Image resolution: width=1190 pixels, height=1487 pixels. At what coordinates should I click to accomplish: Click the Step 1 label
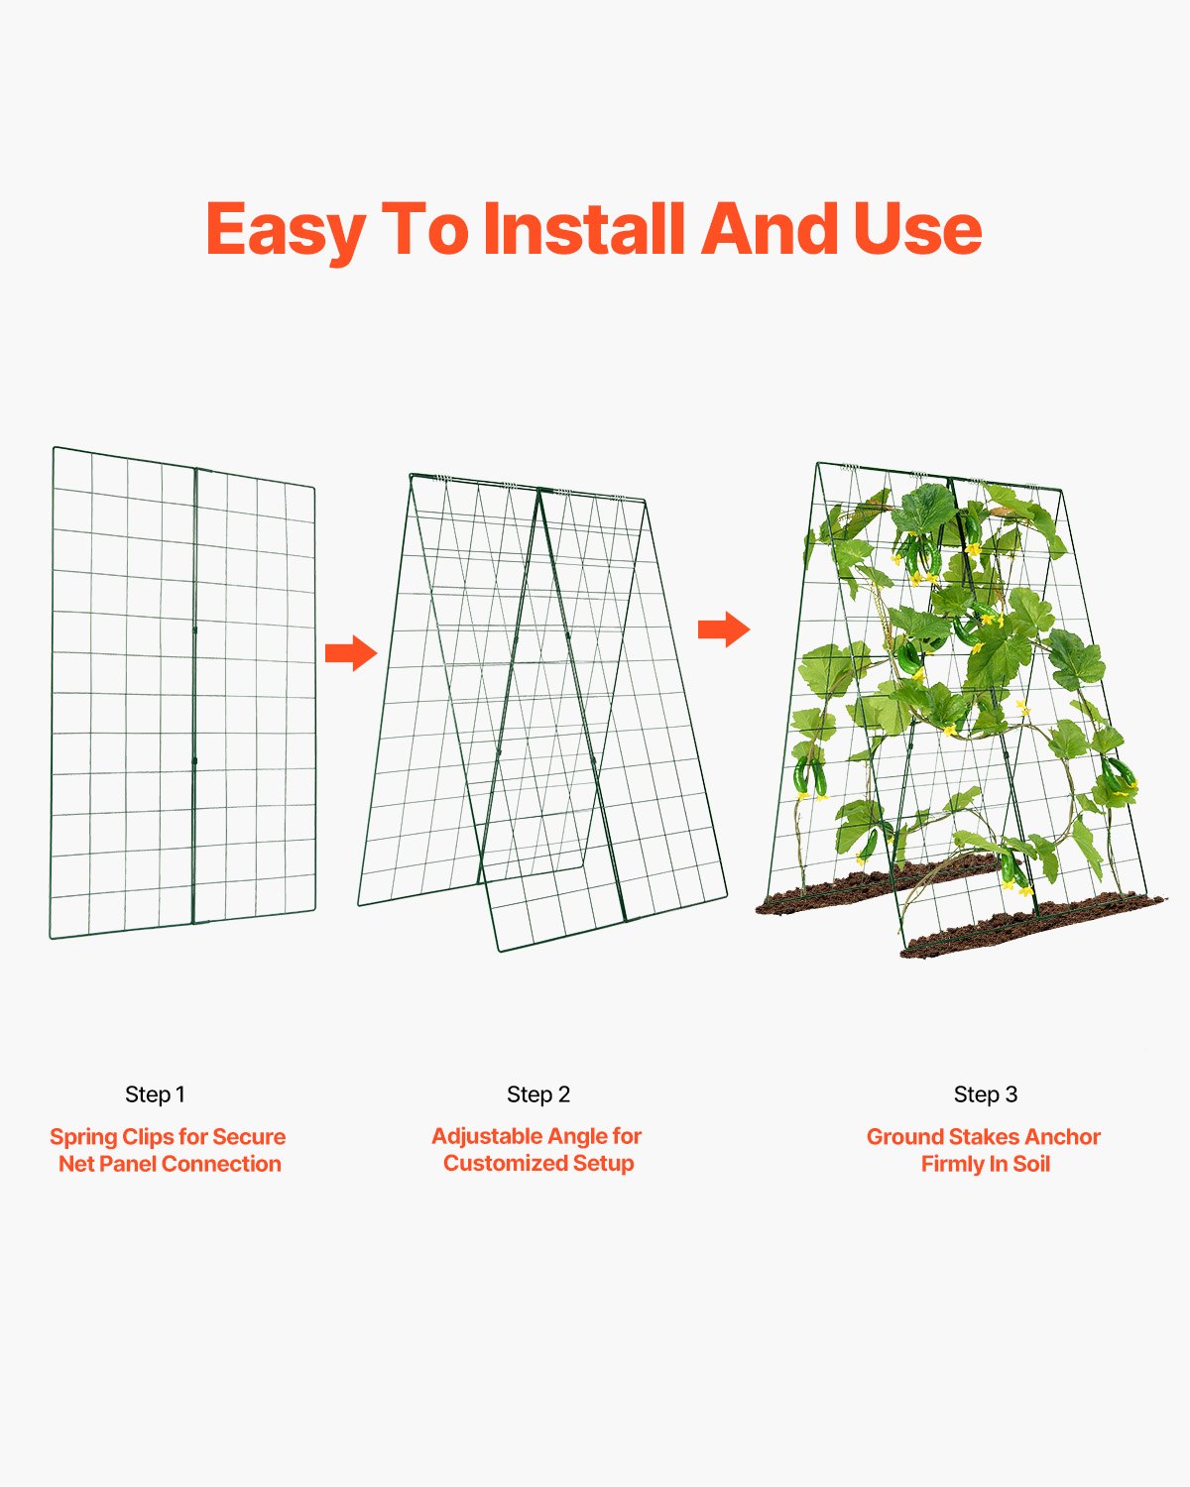click(155, 1094)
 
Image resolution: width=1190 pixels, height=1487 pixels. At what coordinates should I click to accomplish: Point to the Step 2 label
click(538, 1094)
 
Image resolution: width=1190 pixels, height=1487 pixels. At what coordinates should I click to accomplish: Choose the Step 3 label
click(985, 1094)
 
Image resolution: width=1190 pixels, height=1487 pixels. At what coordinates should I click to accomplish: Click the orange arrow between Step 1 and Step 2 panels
click(351, 653)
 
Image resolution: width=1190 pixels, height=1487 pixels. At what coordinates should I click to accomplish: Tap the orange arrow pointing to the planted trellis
click(724, 629)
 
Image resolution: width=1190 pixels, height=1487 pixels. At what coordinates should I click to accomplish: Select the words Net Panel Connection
click(170, 1164)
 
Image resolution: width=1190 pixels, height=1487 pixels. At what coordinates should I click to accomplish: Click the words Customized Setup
click(538, 1163)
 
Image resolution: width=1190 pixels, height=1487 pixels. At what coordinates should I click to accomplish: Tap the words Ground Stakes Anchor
click(984, 1137)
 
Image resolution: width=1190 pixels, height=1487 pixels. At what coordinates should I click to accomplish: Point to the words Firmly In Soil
click(985, 1164)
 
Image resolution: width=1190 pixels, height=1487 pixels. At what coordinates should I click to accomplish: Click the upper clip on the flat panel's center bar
click(195, 629)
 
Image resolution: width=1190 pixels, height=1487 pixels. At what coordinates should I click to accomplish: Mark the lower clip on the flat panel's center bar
click(195, 760)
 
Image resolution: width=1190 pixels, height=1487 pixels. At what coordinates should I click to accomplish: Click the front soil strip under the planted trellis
click(1031, 928)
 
